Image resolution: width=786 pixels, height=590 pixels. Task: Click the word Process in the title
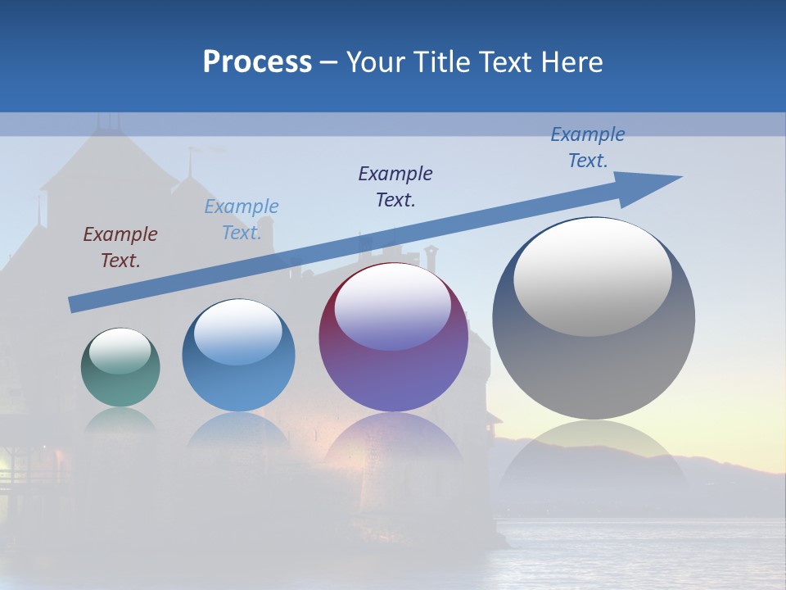[x=257, y=62]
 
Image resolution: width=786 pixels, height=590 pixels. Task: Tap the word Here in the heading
[x=575, y=62]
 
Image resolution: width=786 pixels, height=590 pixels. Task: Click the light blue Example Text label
[x=242, y=220]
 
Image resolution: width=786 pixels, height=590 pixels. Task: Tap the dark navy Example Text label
[x=395, y=186]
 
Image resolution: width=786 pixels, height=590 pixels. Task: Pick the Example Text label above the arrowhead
[x=588, y=147]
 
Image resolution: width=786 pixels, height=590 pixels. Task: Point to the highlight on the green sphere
[x=120, y=351]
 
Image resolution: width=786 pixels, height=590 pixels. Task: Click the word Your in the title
[x=375, y=62]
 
